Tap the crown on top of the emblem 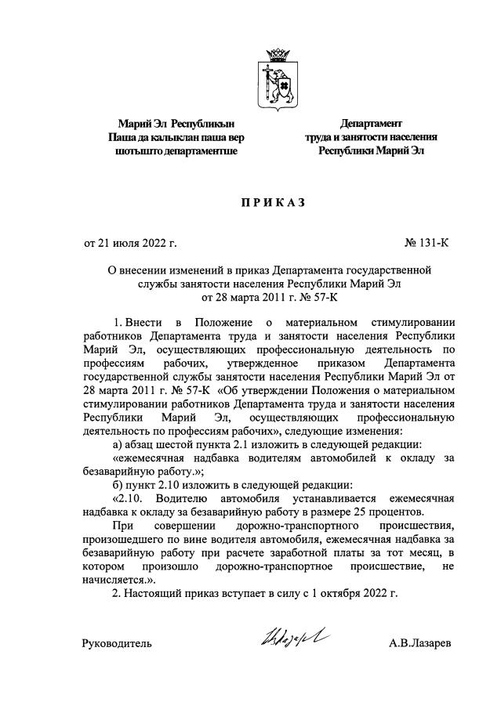pyautogui.click(x=275, y=56)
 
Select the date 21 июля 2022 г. pyautogui.click(x=131, y=243)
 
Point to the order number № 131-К pyautogui.click(x=428, y=243)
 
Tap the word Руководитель pyautogui.click(x=117, y=644)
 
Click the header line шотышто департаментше pyautogui.click(x=176, y=151)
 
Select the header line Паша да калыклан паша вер pyautogui.click(x=176, y=137)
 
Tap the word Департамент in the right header pyautogui.click(x=370, y=123)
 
